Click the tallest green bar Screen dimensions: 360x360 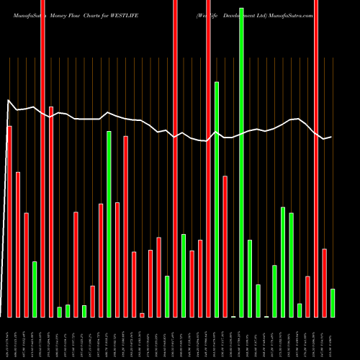pos(241,162)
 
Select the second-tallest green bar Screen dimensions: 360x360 pos(217,199)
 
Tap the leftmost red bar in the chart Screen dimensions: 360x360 pos(10,222)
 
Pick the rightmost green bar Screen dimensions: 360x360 pos(333,302)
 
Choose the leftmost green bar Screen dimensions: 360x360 pos(35,289)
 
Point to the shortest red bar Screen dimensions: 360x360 pos(142,315)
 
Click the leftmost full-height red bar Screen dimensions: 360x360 pos(42,158)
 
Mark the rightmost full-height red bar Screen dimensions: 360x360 pos(316,158)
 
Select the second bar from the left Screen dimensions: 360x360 pos(18,245)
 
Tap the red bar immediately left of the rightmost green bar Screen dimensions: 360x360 pos(325,282)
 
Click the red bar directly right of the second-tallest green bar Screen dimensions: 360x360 pos(225,246)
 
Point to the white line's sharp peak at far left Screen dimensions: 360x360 pos(8,100)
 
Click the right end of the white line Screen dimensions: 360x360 pos(331,137)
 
